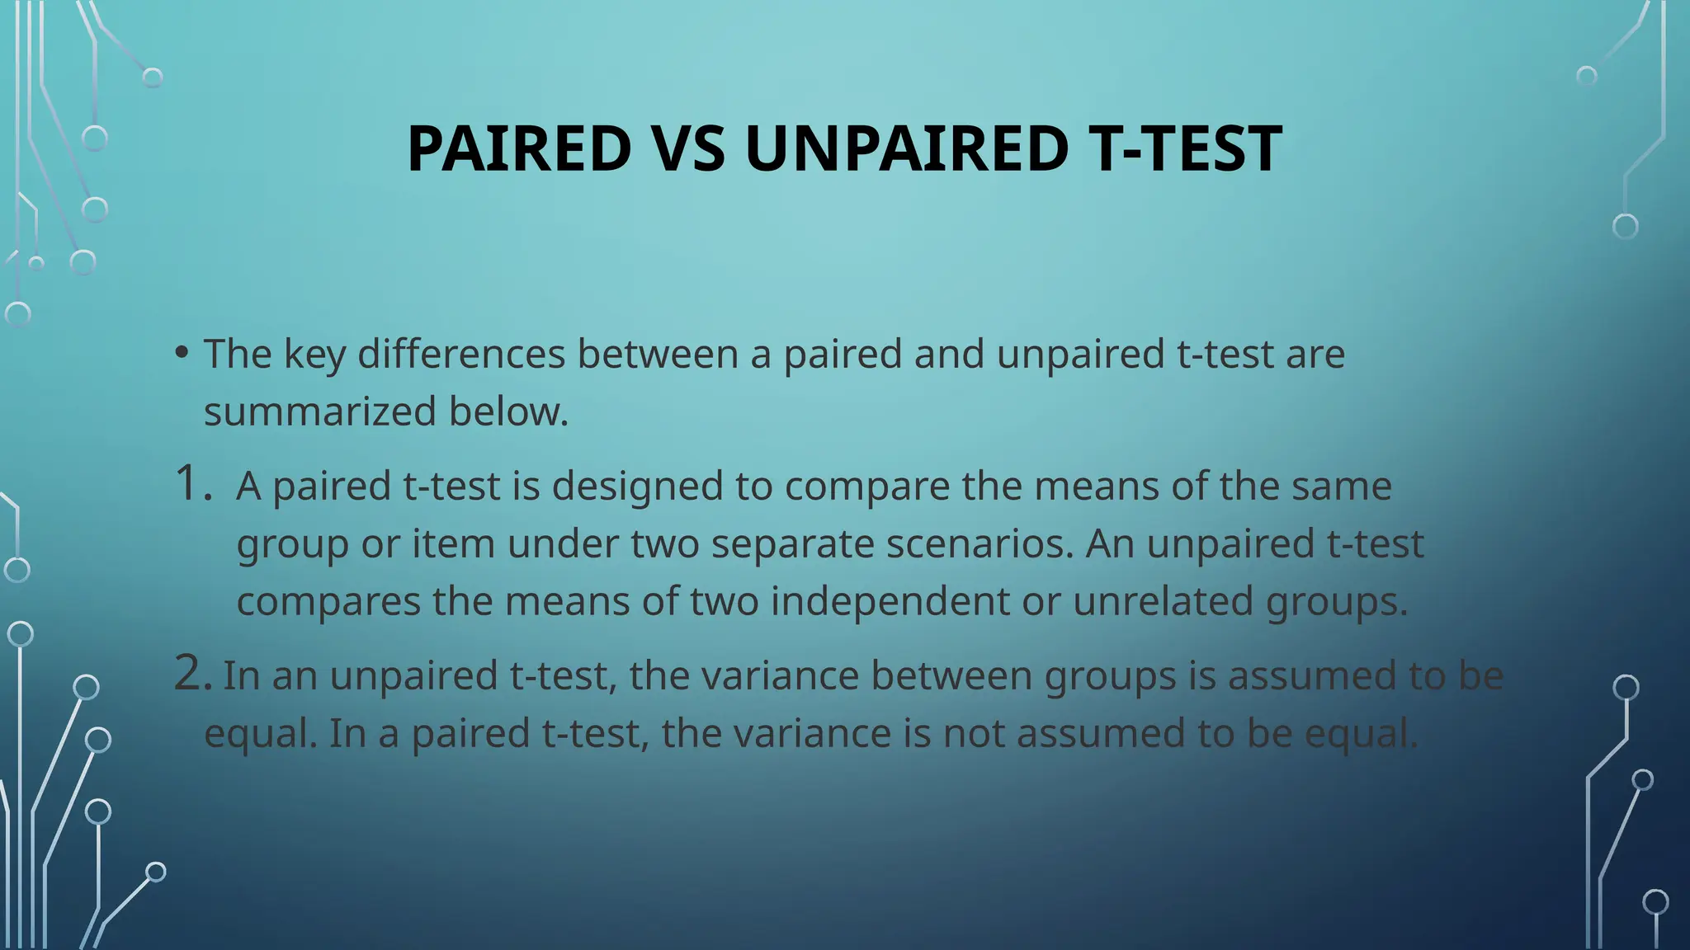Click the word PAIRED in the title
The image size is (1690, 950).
point(519,148)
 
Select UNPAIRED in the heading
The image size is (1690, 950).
point(906,148)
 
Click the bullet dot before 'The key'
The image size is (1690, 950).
point(182,353)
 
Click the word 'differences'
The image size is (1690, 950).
point(461,354)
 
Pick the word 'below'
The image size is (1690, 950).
point(507,412)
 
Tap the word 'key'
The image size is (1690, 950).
point(314,355)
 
